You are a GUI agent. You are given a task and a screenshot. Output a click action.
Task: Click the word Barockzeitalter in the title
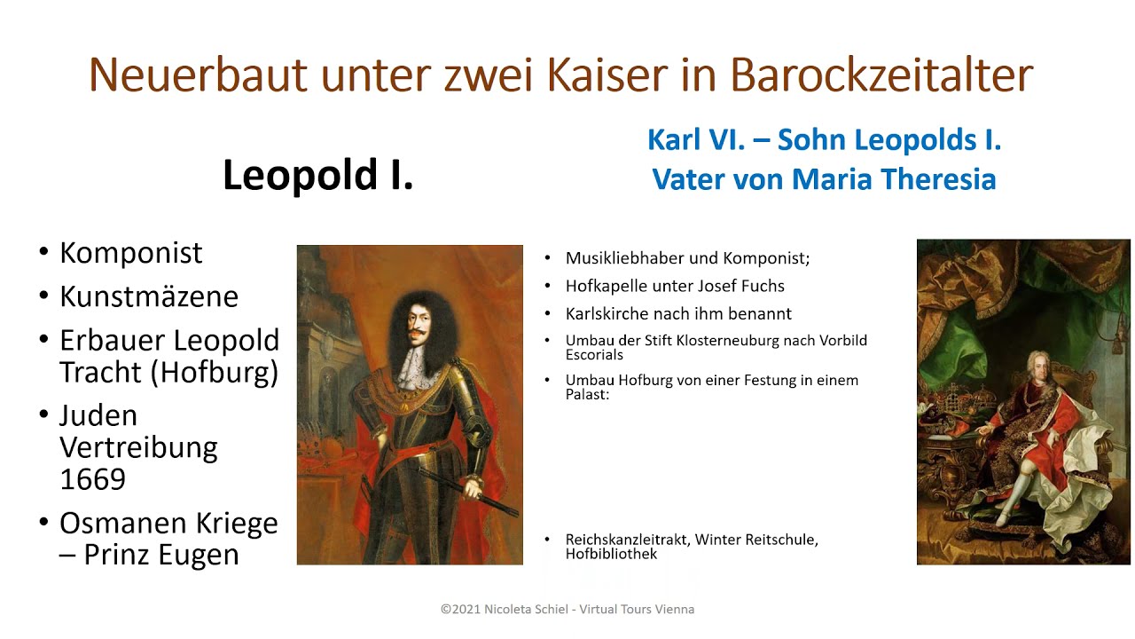pos(881,75)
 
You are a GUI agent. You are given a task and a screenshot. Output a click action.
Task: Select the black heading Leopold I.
pos(318,175)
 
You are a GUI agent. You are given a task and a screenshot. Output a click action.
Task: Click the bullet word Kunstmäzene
pos(149,296)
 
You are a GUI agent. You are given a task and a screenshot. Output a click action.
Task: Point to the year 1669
pos(93,478)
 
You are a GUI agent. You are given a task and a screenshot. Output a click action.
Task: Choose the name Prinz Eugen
pos(161,555)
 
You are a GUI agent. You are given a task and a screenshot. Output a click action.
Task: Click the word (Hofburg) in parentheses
pos(215,373)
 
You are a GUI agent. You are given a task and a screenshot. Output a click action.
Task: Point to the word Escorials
pos(594,354)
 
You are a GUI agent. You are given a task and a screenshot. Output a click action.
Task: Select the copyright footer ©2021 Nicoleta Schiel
pos(505,609)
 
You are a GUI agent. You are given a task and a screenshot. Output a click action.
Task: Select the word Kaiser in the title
pos(607,75)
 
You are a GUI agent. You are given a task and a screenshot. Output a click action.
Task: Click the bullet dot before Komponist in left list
pos(43,251)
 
